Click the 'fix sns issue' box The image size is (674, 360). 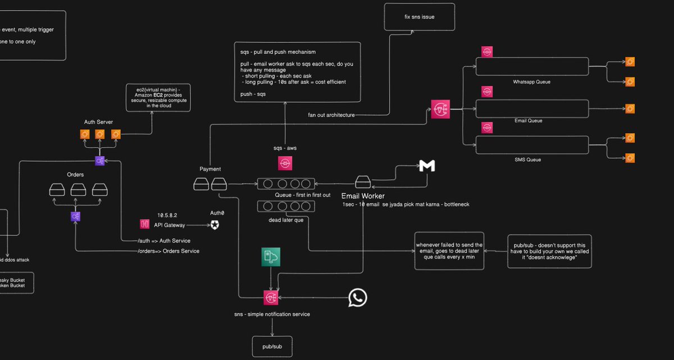(x=420, y=17)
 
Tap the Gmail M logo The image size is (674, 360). (x=427, y=166)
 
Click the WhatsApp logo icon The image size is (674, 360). (x=358, y=298)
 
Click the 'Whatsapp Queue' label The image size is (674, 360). (x=531, y=82)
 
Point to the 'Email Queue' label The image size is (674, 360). (x=531, y=121)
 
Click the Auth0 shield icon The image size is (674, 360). (x=215, y=225)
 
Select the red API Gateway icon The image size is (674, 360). (x=144, y=225)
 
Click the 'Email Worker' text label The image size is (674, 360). (x=363, y=196)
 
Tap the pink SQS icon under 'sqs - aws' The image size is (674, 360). (x=285, y=163)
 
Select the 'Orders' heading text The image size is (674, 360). (x=75, y=174)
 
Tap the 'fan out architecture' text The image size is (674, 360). (x=331, y=115)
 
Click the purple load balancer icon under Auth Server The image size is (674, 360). (x=99, y=161)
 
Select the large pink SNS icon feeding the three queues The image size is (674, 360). (x=440, y=110)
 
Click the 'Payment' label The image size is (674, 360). (x=211, y=169)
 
